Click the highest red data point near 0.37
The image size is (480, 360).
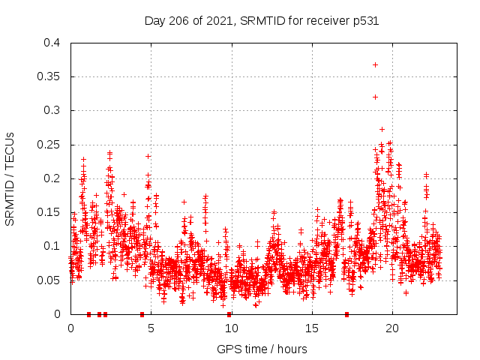coord(375,64)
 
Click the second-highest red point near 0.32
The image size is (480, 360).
coord(375,97)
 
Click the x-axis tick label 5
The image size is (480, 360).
coord(151,328)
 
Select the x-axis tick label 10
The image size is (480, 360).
coord(231,328)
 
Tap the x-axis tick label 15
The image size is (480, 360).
coord(311,328)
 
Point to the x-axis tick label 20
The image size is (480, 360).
coord(391,328)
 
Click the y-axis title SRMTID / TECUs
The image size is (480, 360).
coord(10,178)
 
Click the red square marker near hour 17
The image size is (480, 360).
coord(346,314)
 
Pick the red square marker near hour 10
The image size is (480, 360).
coord(229,314)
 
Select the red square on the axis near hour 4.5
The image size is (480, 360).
coord(142,314)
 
